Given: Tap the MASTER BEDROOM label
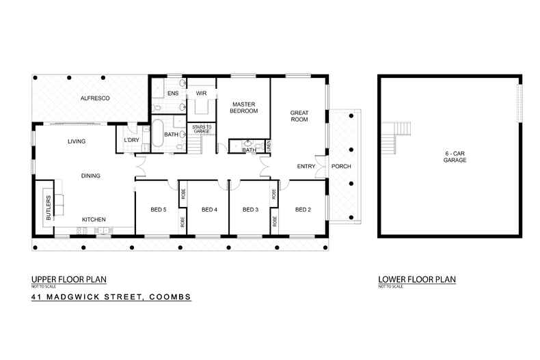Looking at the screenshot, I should coord(245,107).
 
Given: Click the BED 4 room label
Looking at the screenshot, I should coord(209,209).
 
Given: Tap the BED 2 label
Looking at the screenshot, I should coord(303,209).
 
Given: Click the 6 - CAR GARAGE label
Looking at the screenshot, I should coord(450,156).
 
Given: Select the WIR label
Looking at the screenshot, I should coord(201,93).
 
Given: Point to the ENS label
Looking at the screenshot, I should coord(173,93).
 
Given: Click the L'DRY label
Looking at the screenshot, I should coord(131,141).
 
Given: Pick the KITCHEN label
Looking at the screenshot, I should coord(93,219).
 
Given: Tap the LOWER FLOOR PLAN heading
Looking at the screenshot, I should coord(416,279).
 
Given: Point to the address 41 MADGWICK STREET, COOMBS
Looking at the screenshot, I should coord(111,297).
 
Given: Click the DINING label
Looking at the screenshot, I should coord(90,176).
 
